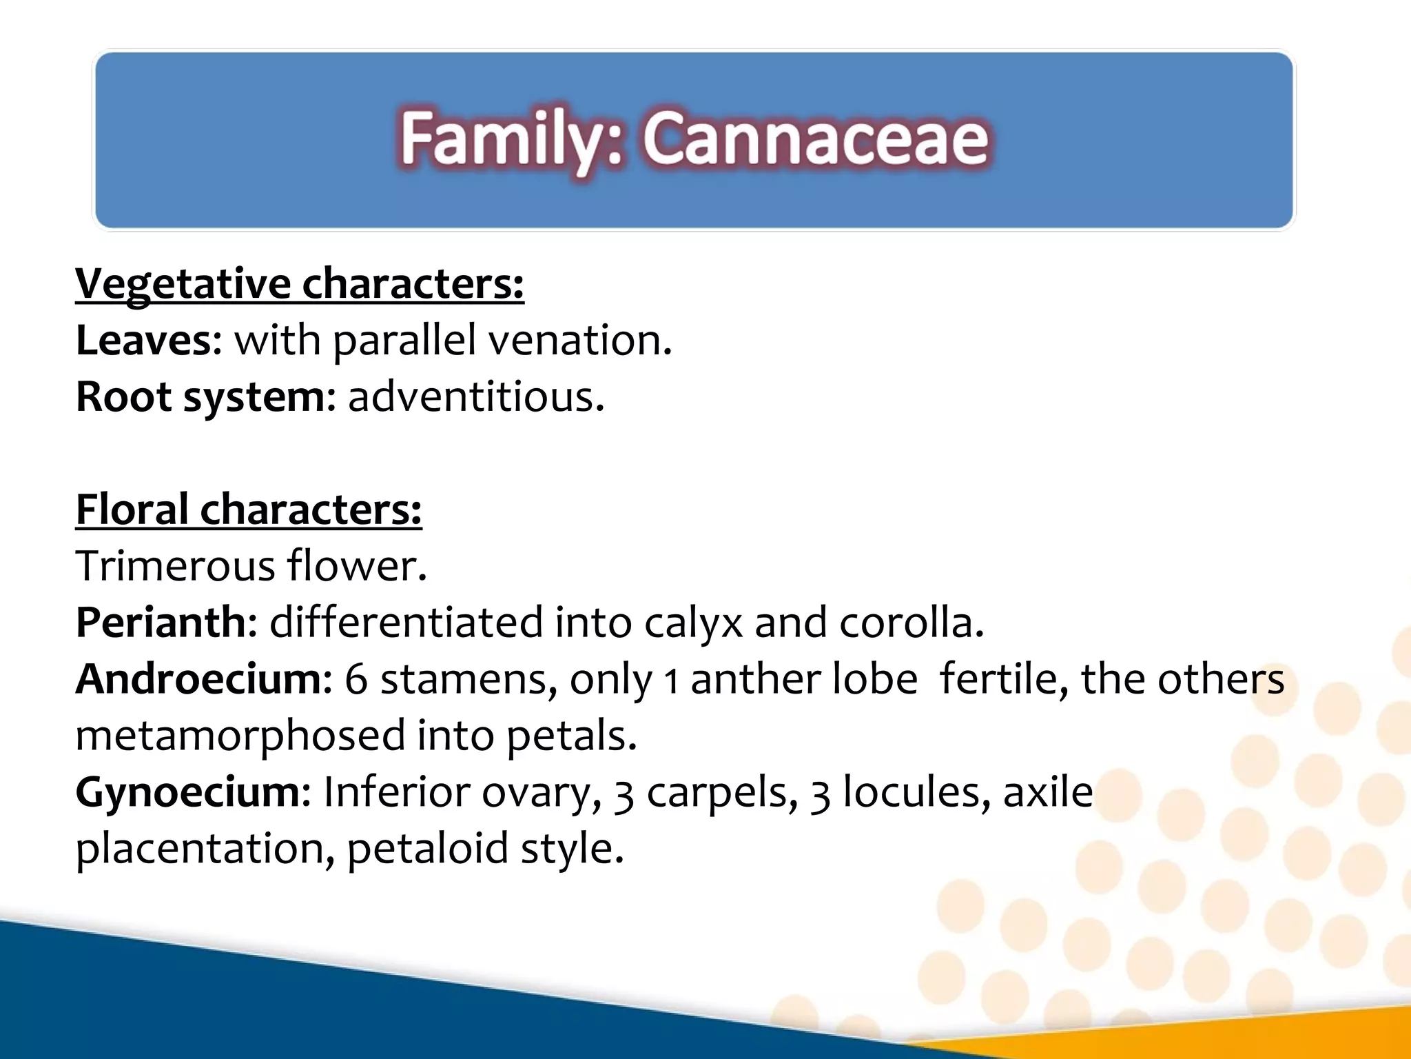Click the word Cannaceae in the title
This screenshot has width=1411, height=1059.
pyautogui.click(x=816, y=139)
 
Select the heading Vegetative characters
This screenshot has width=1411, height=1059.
pyautogui.click(x=299, y=284)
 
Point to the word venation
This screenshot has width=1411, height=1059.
pyautogui.click(x=579, y=341)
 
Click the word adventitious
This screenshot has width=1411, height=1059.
pyautogui.click(x=475, y=397)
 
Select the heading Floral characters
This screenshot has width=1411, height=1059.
pyautogui.click(x=248, y=510)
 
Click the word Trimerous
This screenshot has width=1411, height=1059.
pyautogui.click(x=175, y=567)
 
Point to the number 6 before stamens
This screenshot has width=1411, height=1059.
pyautogui.click(x=356, y=680)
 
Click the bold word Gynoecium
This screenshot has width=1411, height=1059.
pyautogui.click(x=187, y=793)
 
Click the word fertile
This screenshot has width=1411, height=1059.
pyautogui.click(x=1003, y=680)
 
